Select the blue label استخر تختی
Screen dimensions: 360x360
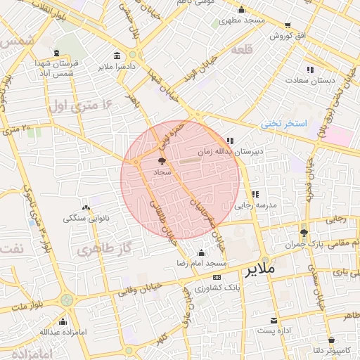pyautogui.click(x=284, y=124)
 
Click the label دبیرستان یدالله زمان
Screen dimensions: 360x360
pyautogui.click(x=240, y=150)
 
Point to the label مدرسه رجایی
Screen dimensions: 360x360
pyautogui.click(x=253, y=205)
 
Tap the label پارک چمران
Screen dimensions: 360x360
pyautogui.click(x=304, y=245)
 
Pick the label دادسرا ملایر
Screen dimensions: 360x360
pyautogui.click(x=115, y=67)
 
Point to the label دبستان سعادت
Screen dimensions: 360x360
pyautogui.click(x=309, y=82)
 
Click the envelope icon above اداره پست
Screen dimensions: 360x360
pyautogui.click(x=274, y=321)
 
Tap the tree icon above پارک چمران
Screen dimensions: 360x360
pyautogui.click(x=304, y=233)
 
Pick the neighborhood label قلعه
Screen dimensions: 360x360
pyautogui.click(x=261, y=49)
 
